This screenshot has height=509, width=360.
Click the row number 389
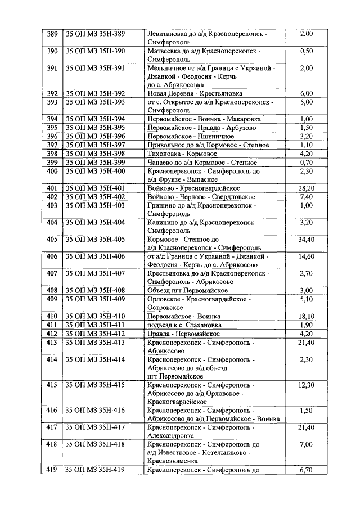click(x=52, y=34)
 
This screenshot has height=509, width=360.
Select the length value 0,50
click(x=307, y=51)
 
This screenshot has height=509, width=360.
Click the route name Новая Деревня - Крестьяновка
click(x=195, y=93)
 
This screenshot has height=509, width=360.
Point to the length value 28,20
click(x=307, y=187)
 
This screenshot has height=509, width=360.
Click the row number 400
click(x=52, y=170)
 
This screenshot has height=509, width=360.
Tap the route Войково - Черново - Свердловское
click(x=201, y=196)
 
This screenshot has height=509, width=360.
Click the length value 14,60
click(x=307, y=256)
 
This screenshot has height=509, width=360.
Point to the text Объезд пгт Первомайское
click(x=190, y=290)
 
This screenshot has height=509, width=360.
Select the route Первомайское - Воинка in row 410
click(x=184, y=316)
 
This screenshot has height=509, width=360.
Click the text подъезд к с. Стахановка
click(x=184, y=325)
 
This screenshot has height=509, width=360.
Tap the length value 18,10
click(x=307, y=316)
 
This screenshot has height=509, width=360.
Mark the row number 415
click(x=52, y=385)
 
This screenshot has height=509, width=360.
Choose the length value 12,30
click(x=307, y=385)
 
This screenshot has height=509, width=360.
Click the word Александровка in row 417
click(x=171, y=435)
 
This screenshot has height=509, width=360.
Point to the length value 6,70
click(x=307, y=470)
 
